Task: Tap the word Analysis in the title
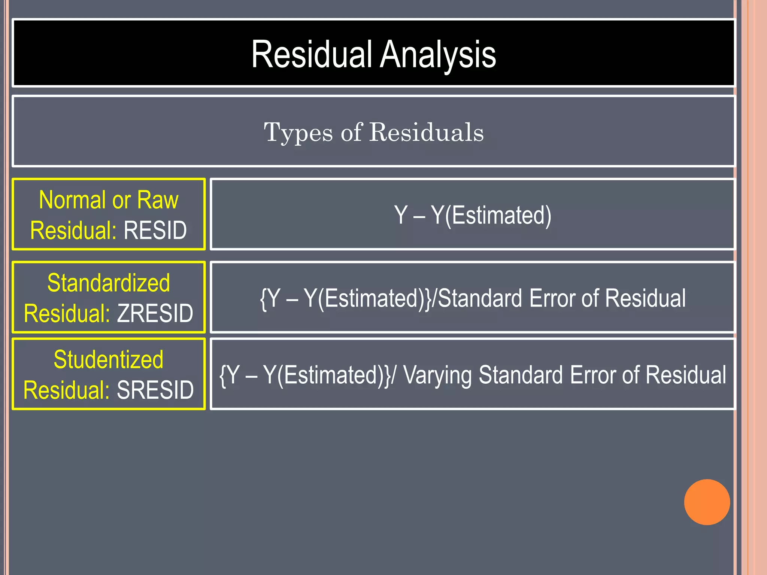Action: click(x=438, y=55)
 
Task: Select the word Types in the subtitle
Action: click(x=298, y=133)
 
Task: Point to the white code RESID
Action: click(x=155, y=230)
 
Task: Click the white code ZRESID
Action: click(x=155, y=313)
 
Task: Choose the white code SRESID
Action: click(x=155, y=390)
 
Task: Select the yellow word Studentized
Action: click(x=109, y=359)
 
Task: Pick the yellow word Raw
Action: click(x=158, y=200)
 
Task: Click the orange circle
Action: click(x=707, y=502)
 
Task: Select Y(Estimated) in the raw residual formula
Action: click(x=491, y=216)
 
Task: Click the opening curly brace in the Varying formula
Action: click(x=222, y=375)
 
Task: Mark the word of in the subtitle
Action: click(x=351, y=133)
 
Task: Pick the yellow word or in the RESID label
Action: click(x=121, y=201)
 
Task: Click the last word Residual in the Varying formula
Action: click(x=686, y=375)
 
